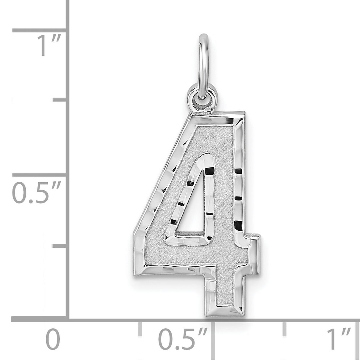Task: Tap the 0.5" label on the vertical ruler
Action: pos(36,193)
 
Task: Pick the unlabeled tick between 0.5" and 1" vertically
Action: pos(59,101)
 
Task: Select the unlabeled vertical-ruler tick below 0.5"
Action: pos(59,246)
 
